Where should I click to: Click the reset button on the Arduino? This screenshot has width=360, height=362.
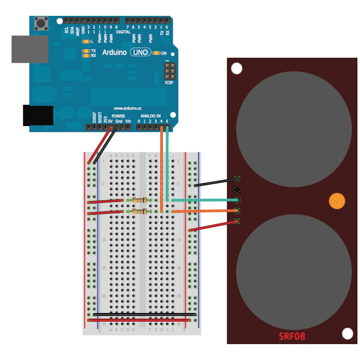pyautogui.click(x=40, y=23)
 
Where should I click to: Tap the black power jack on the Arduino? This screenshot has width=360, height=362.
pyautogui.click(x=38, y=115)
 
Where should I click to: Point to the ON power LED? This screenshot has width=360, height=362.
pyautogui.click(x=157, y=53)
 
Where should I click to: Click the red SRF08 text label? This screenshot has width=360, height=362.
pyautogui.click(x=292, y=336)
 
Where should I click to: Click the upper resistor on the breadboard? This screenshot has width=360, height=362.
pyautogui.click(x=139, y=201)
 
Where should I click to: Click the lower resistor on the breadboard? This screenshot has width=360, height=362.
pyautogui.click(x=139, y=211)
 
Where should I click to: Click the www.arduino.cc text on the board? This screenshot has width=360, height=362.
pyautogui.click(x=127, y=108)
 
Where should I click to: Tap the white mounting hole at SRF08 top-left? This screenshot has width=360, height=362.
pyautogui.click(x=237, y=68)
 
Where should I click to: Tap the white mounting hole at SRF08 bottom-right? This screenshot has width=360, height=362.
pyautogui.click(x=347, y=333)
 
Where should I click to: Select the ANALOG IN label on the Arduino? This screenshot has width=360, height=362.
pyautogui.click(x=150, y=116)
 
